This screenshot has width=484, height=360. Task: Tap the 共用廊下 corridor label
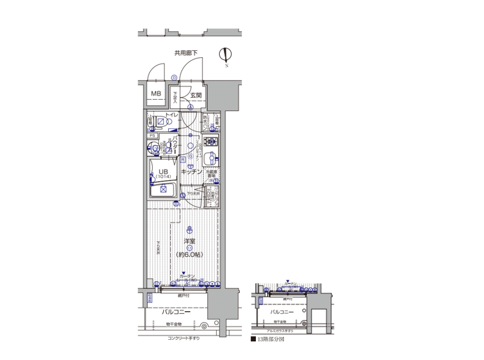pos(186,53)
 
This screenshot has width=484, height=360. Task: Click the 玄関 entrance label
pos(196,96)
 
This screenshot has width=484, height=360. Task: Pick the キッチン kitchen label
pos(191,171)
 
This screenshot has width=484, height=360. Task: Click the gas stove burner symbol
pos(213,142)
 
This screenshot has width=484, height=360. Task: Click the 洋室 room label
pos(189,241)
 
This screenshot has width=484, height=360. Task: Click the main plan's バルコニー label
pos(178,312)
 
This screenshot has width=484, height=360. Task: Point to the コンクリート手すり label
pos(183,339)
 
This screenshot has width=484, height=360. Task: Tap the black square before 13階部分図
pos(253,338)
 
